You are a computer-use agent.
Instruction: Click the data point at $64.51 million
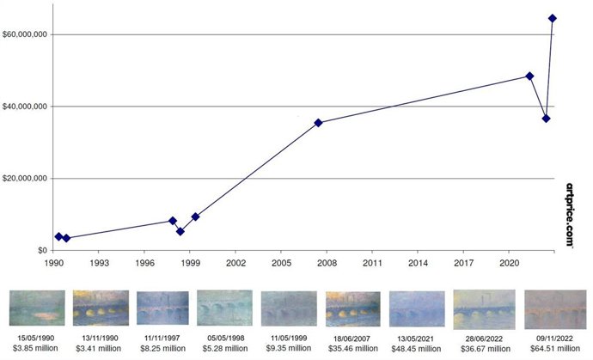(x=552, y=18)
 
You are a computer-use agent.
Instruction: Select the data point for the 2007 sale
(x=318, y=123)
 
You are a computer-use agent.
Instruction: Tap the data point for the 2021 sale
(x=529, y=76)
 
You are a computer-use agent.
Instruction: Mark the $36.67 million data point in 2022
(x=547, y=119)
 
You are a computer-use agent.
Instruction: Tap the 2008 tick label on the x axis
(x=327, y=262)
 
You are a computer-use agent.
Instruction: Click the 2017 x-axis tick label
(x=463, y=262)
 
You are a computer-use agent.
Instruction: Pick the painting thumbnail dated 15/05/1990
(x=37, y=308)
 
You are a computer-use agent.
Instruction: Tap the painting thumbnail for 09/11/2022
(x=553, y=308)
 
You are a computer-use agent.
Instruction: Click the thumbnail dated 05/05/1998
(x=226, y=308)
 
